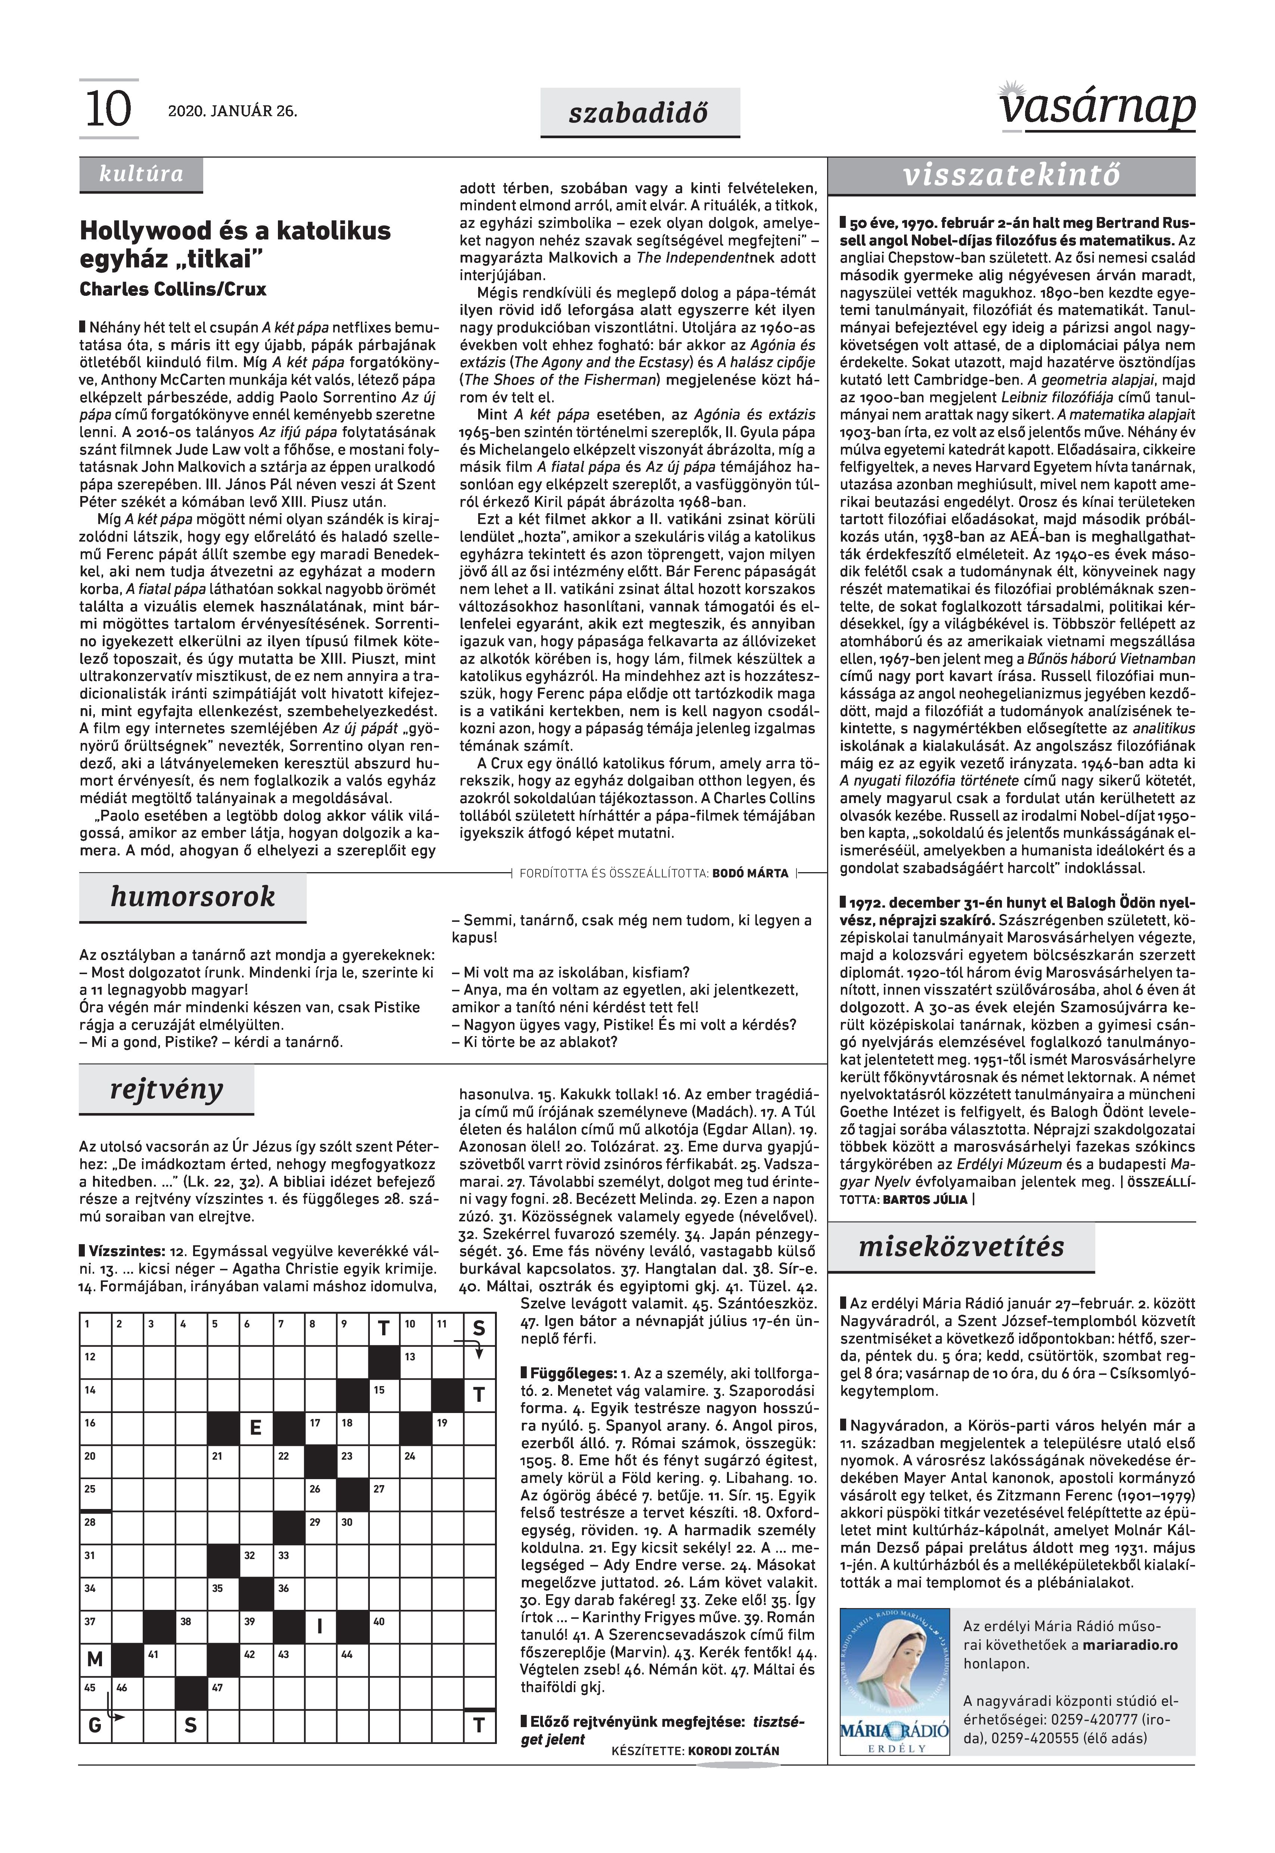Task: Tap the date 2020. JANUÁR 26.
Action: tap(232, 111)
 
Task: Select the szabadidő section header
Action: tap(639, 113)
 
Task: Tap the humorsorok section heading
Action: tap(192, 897)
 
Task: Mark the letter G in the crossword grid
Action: tap(95, 1725)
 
